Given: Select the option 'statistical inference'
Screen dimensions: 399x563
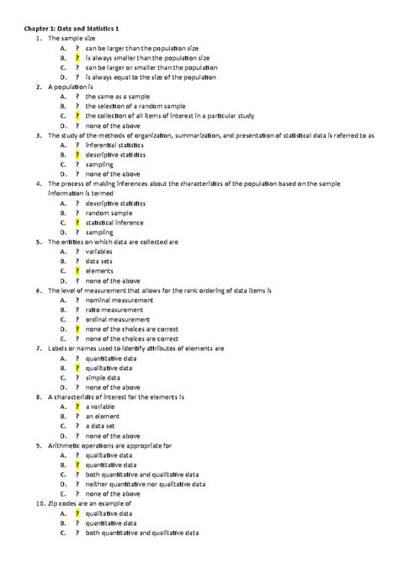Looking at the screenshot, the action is coord(114,221).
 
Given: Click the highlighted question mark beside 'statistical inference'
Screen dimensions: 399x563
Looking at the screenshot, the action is coord(77,221).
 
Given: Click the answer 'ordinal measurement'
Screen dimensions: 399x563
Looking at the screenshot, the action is coord(117,320).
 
